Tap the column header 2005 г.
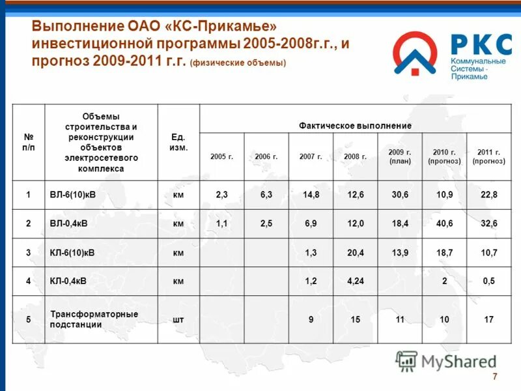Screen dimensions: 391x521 [221, 156]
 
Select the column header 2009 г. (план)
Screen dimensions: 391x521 [400, 156]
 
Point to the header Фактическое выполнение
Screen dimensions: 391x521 [355, 124]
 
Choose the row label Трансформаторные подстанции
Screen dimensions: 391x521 [94, 319]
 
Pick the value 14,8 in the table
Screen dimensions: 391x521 [311, 195]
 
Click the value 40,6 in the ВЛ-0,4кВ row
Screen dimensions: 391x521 [445, 224]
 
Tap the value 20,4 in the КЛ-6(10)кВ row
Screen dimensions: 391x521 [356, 252]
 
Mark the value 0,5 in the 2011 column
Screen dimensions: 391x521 [489, 282]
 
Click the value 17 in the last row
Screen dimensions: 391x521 [489, 319]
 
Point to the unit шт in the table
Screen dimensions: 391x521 [178, 319]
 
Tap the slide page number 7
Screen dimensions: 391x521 [494, 377]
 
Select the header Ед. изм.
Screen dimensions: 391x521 [178, 142]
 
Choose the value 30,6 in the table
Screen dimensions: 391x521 [400, 195]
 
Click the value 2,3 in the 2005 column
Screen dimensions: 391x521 [221, 195]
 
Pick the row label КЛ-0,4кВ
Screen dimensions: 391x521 [70, 282]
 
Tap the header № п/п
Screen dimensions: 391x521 [29, 142]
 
